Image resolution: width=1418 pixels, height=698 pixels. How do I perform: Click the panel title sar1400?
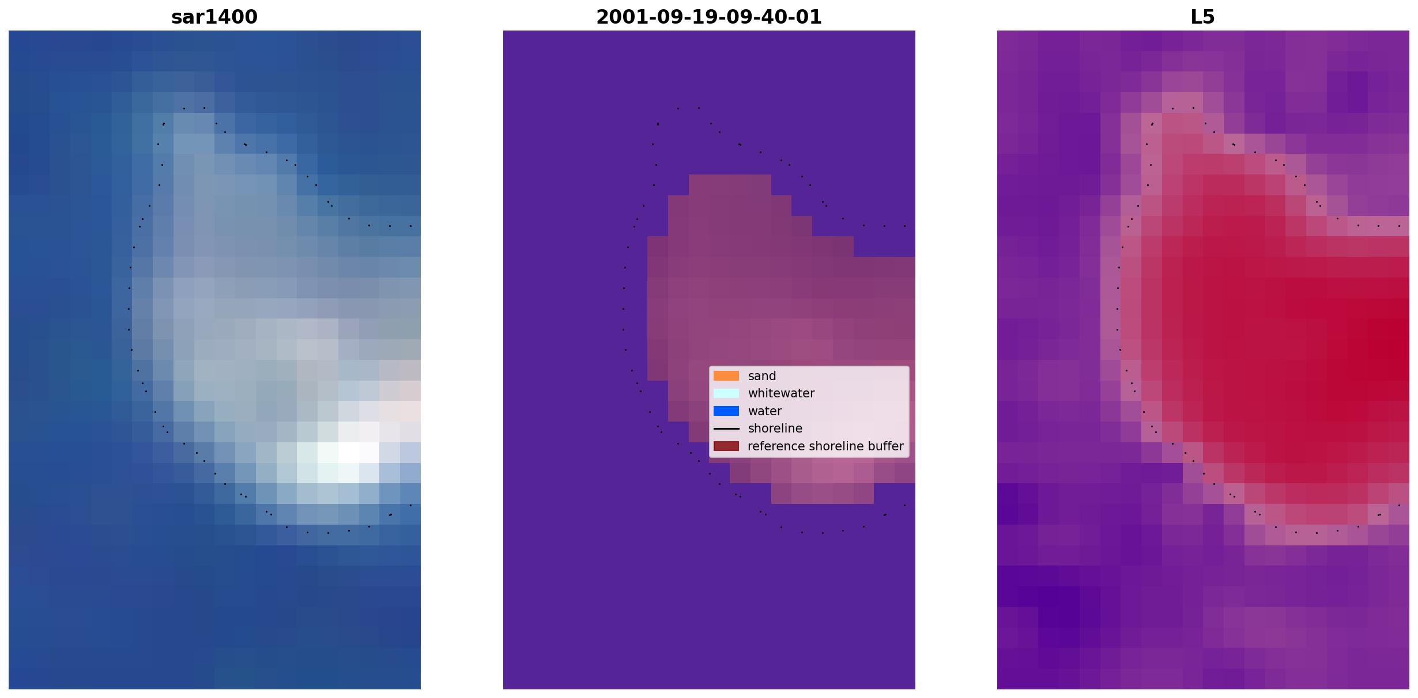coord(214,17)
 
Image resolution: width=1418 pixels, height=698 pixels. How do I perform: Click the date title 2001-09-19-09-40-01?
coord(709,17)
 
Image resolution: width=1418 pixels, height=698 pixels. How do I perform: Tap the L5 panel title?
coord(1203,17)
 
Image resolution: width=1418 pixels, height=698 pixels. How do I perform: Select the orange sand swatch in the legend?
coord(726,376)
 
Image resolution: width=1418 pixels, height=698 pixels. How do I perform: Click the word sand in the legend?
coord(762,376)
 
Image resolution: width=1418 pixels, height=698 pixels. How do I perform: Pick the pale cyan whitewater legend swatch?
coord(726,393)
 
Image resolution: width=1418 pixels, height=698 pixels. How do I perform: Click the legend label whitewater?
coord(781,393)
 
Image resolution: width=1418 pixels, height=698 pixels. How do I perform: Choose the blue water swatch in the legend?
coord(726,411)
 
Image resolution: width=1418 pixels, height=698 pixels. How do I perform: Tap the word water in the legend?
coord(765,411)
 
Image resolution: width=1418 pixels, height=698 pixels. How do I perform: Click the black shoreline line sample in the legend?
coord(726,428)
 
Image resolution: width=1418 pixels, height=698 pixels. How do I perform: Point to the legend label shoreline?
coord(775,428)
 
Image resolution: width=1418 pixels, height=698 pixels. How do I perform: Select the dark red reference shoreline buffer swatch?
coord(726,446)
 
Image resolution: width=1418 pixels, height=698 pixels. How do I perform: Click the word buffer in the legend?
coord(886,446)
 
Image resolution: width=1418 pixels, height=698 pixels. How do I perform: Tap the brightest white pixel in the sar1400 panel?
coord(348,453)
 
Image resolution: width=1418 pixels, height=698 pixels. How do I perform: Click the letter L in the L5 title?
coord(1197,17)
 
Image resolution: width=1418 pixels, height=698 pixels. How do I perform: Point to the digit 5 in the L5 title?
coord(1209,17)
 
